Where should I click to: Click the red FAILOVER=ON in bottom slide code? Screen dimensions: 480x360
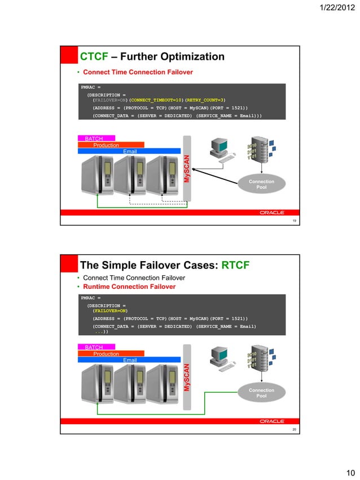[x=110, y=310]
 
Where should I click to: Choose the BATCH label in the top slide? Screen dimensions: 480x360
[x=94, y=138]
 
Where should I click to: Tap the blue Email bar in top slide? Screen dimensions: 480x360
[x=130, y=151]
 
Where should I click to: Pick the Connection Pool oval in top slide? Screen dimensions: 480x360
[x=261, y=184]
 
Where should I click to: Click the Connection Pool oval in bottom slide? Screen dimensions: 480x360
[x=261, y=393]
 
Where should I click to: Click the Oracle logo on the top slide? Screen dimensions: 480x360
[x=272, y=213]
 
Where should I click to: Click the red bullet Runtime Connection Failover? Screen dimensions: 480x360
[x=129, y=287]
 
